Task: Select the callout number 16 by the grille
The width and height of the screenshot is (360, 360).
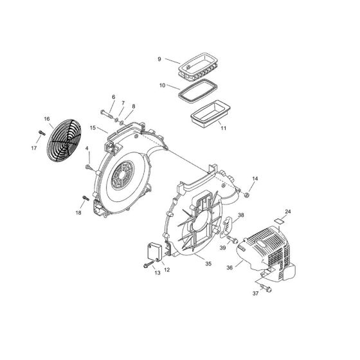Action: (x=47, y=119)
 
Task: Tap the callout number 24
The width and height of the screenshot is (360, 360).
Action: (x=288, y=212)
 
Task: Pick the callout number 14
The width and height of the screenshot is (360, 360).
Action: (x=255, y=178)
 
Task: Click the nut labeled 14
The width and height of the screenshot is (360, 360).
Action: (x=247, y=192)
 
